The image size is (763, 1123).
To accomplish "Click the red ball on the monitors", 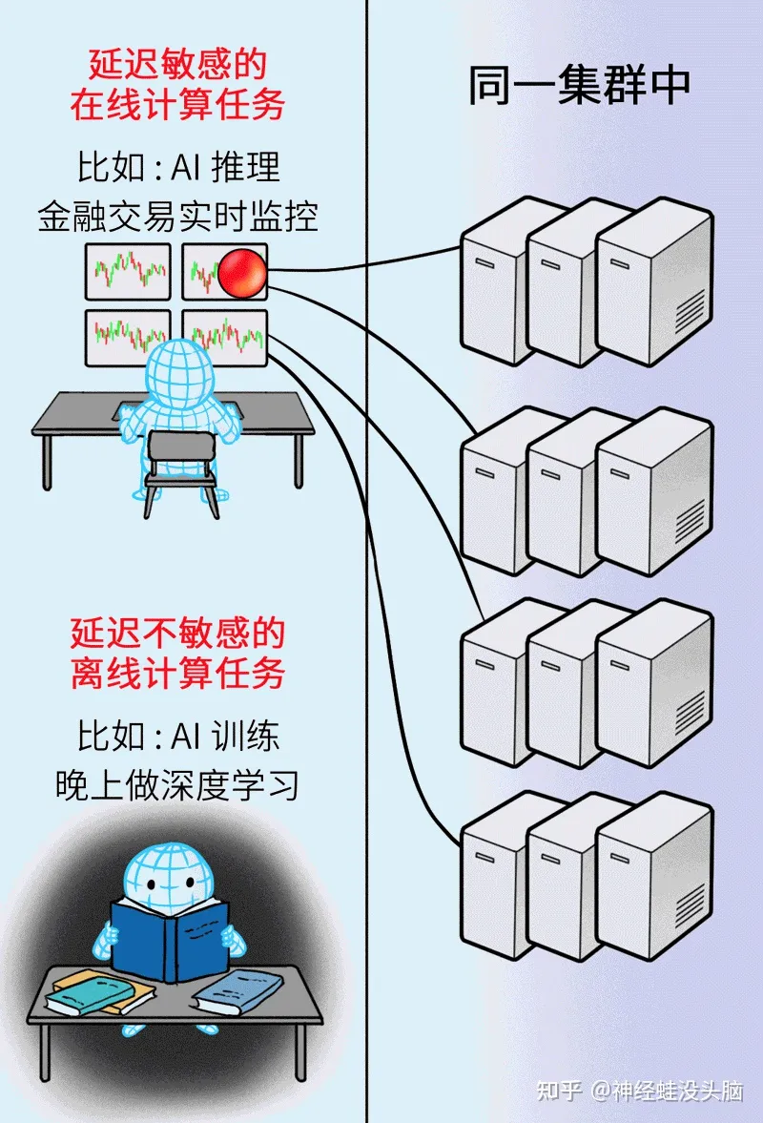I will pos(242,272).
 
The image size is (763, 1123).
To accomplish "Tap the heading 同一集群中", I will pos(579,87).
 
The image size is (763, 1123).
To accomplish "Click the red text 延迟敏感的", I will pos(177,65).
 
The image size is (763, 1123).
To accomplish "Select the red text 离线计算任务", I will pos(177,675).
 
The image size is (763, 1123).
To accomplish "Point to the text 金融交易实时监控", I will pos(177,217).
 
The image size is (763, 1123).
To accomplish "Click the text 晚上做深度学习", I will pos(177,784).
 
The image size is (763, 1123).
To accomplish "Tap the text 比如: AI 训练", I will pos(177,737).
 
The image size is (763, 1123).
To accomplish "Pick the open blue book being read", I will pos(170,938).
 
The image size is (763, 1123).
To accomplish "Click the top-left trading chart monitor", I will pos(128,272).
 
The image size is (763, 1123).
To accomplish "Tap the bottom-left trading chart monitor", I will pos(128,337).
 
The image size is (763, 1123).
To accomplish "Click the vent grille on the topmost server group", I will pos(691,311).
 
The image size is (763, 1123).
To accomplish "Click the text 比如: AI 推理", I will pos(177,168).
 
